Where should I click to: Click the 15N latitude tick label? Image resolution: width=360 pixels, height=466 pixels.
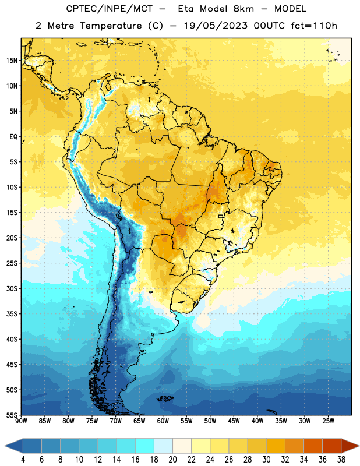[12, 61]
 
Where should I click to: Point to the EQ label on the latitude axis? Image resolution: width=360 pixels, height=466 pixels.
[13, 137]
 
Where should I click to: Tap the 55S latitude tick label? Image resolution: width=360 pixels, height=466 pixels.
[12, 415]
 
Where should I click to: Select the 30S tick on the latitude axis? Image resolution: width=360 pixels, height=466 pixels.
[12, 288]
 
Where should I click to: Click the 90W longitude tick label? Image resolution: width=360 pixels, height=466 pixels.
[21, 421]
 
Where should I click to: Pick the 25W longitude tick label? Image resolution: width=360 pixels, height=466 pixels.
[328, 421]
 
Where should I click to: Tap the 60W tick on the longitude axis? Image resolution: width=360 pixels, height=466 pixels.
[163, 421]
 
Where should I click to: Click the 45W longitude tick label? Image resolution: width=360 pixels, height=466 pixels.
[234, 421]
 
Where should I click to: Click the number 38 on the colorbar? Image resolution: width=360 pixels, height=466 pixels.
[341, 460]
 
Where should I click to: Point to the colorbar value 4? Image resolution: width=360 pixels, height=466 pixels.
[23, 460]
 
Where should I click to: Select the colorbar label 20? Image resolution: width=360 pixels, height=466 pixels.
[172, 460]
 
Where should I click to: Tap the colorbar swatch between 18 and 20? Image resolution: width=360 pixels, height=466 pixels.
[164, 446]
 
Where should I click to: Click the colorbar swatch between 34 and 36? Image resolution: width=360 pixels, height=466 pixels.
[313, 446]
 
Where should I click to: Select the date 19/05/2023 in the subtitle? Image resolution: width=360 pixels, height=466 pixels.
[216, 26]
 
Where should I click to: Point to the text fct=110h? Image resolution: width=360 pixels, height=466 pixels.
[314, 26]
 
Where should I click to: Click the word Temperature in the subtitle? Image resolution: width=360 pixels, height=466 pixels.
[111, 26]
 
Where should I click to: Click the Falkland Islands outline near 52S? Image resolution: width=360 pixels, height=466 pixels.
[165, 398]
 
